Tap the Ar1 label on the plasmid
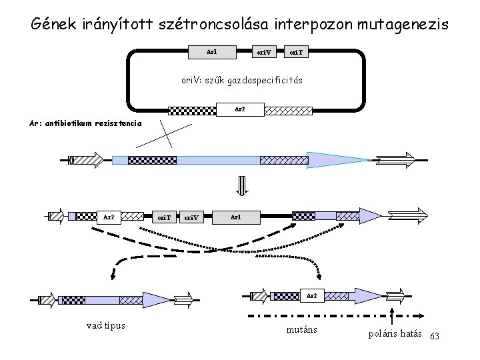[x=211, y=51]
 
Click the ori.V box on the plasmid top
[x=265, y=51]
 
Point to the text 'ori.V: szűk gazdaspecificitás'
[x=242, y=80]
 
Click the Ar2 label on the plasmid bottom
[x=240, y=109]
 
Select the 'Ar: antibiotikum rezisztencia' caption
[x=85, y=123]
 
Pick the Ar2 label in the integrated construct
[x=109, y=217]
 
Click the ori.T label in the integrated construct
[x=163, y=217]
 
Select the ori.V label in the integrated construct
[x=191, y=217]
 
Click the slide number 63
[x=437, y=334]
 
